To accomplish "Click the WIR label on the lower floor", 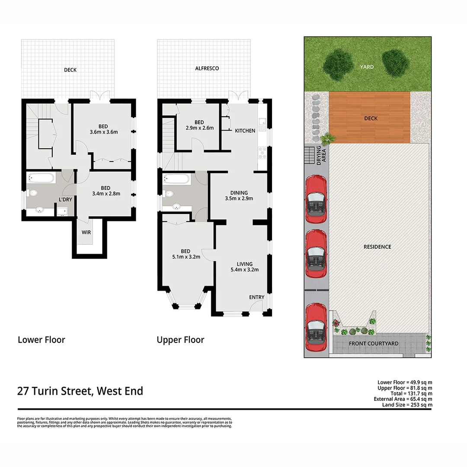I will coord(86,232).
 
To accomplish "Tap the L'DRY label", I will coord(65,199).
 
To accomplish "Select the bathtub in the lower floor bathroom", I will coord(41,178).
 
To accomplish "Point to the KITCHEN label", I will coord(245,131).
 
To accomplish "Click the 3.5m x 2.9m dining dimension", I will coord(239,199).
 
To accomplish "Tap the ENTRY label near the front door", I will coord(256,297).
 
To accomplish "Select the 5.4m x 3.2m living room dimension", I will coord(244,270).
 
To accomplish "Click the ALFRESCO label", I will coord(207,68).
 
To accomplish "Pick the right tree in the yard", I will coord(395,63).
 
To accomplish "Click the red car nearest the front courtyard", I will coord(316,327).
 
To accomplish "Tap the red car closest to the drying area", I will coord(316,199).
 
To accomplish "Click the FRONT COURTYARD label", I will coord(374,344).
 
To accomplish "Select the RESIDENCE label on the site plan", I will coord(377,246).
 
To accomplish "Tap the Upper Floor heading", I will coord(180,340).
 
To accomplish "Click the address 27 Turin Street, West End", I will coord(80,391).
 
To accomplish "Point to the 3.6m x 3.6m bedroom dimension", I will coord(103,132).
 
